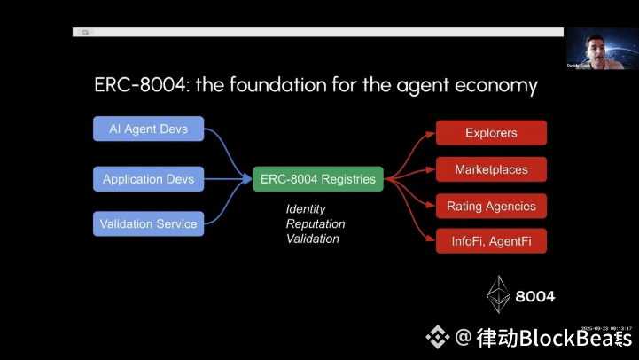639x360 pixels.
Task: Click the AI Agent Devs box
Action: (149, 129)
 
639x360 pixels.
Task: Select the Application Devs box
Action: (149, 179)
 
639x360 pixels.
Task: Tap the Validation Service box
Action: (149, 223)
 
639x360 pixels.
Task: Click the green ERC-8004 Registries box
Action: (317, 179)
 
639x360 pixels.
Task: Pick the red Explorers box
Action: (491, 133)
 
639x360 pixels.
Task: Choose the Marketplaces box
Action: (491, 169)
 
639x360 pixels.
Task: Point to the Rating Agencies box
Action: (491, 207)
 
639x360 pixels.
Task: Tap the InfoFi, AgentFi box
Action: (491, 240)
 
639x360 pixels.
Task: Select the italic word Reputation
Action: (316, 224)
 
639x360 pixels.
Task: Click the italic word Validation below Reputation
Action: (313, 239)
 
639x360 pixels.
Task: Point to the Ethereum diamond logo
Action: (500, 293)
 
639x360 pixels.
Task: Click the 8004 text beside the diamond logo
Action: (534, 296)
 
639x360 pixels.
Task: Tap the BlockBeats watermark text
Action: (554, 338)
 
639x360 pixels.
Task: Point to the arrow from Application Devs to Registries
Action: (230, 179)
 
